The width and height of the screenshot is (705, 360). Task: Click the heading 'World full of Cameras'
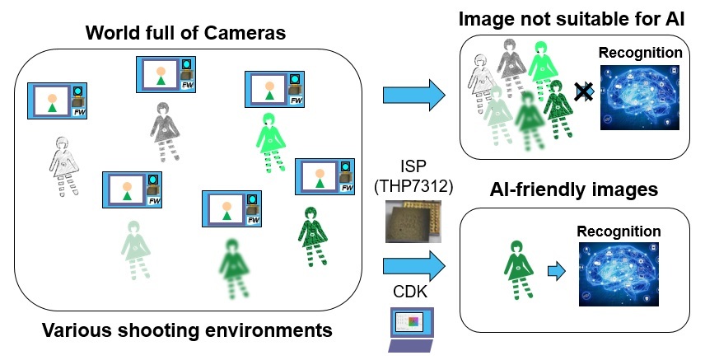pos(188,35)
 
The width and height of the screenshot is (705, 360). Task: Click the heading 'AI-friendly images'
pos(575,190)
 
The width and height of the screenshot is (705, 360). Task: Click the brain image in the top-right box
pos(640,98)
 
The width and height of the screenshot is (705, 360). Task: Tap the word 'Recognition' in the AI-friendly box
pos(619,231)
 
